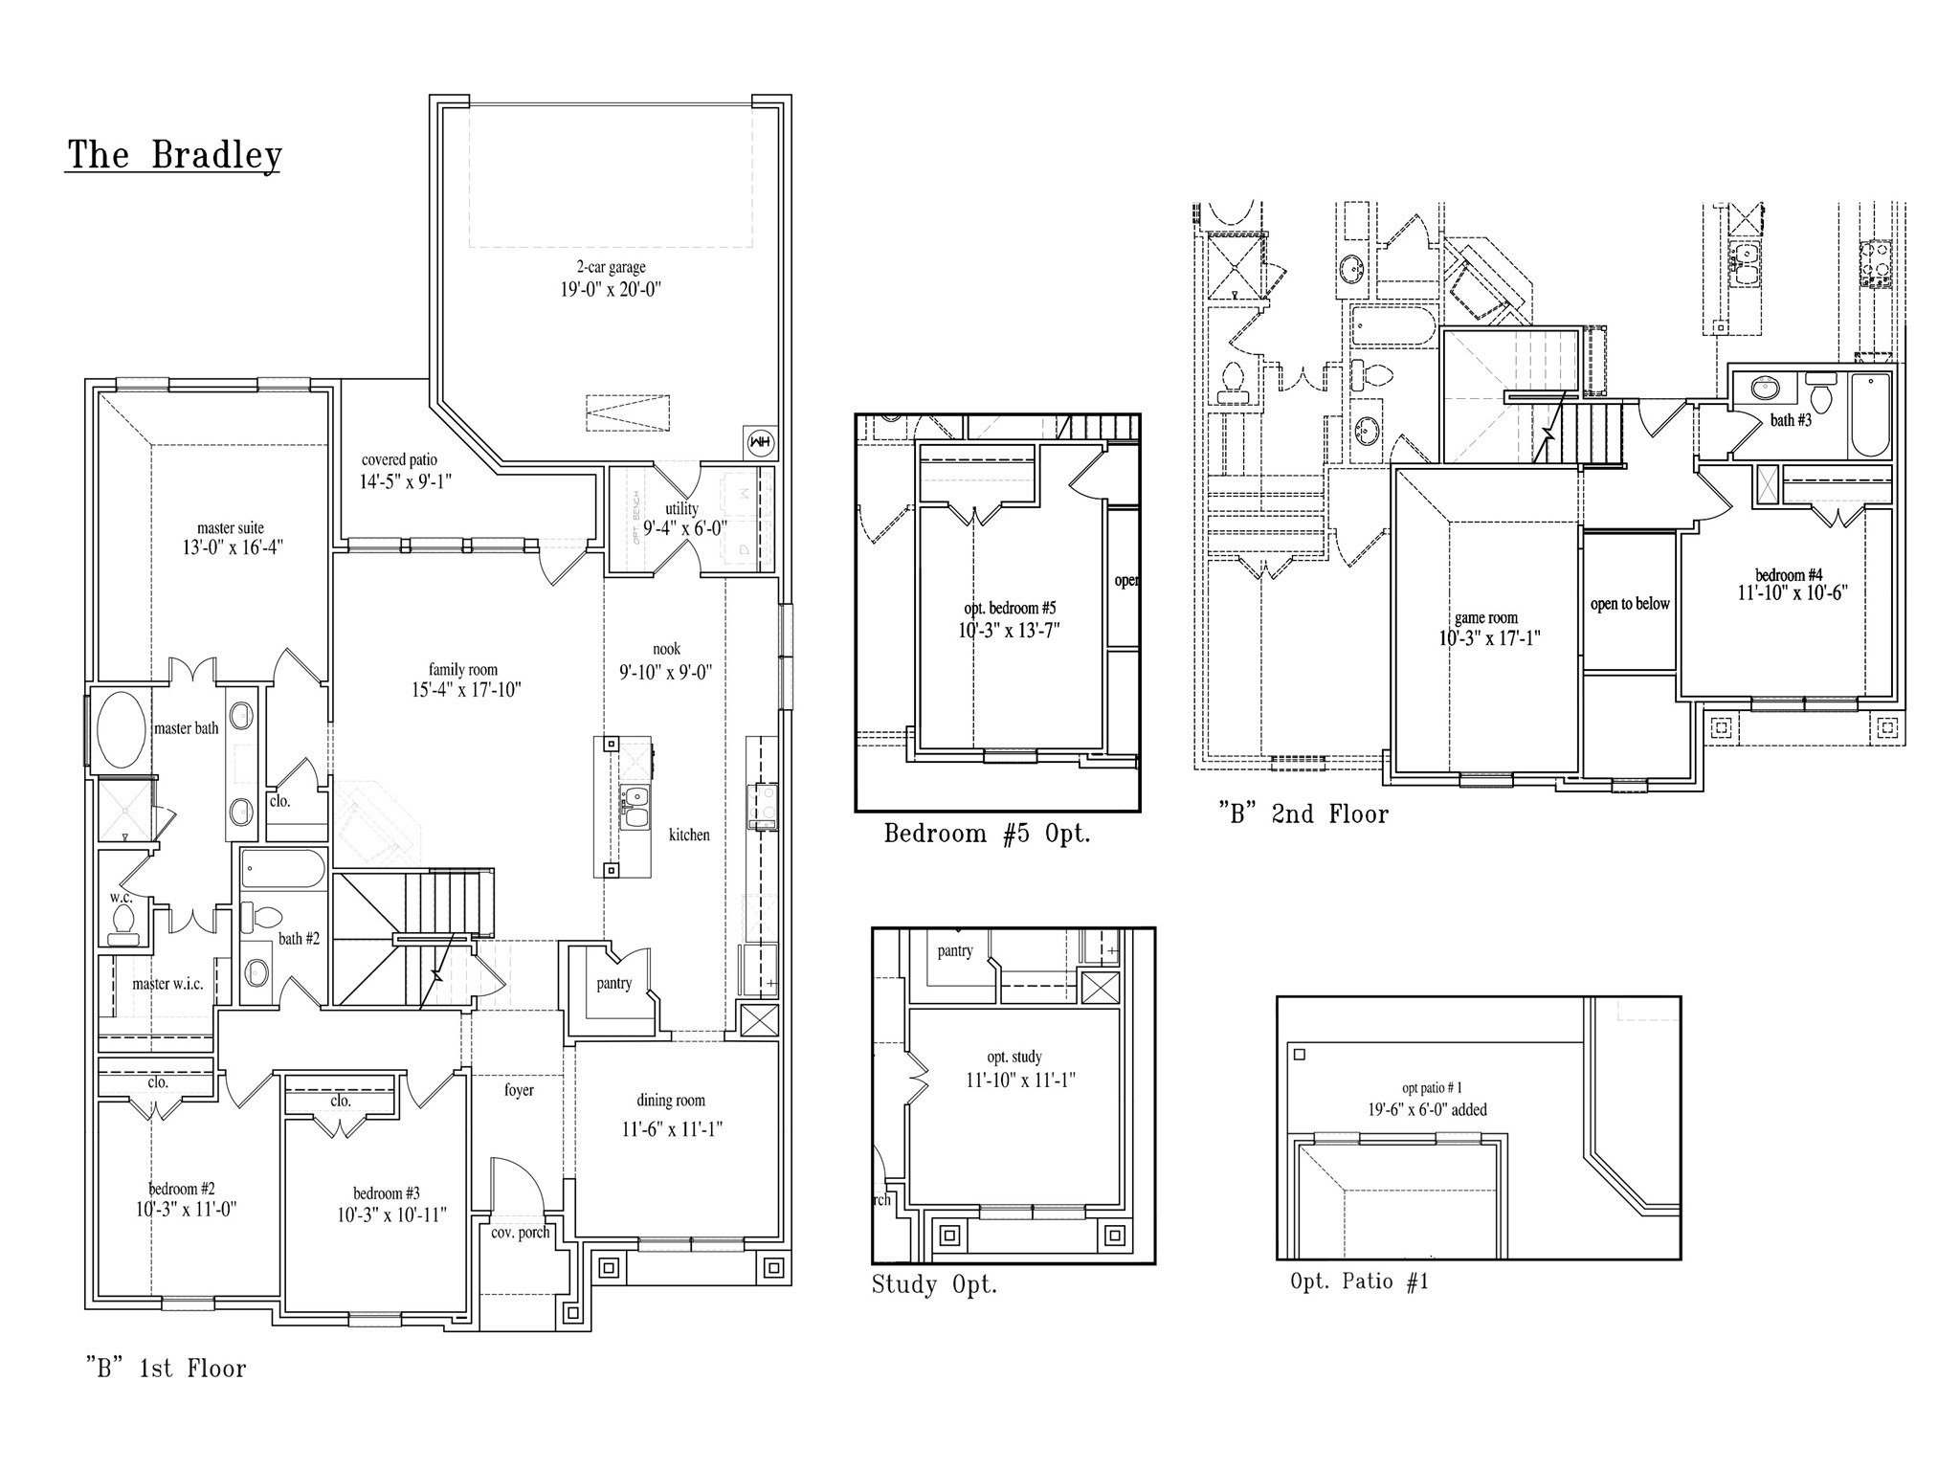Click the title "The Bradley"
tap(174, 155)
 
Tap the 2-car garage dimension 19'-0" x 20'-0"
tap(611, 289)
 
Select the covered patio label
tap(399, 460)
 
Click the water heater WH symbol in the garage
tap(760, 442)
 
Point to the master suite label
tap(230, 527)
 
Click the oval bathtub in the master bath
tap(122, 730)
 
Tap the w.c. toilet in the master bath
tap(122, 922)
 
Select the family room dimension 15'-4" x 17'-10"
tap(466, 690)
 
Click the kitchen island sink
tap(635, 806)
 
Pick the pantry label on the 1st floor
tap(613, 983)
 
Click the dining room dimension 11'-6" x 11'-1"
tap(672, 1129)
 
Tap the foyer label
tap(519, 1090)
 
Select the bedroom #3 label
tap(387, 1193)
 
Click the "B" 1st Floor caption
tap(166, 1369)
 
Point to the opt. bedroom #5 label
tap(1009, 609)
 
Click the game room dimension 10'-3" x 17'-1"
tap(1489, 639)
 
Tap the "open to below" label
tap(1630, 604)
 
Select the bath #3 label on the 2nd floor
tap(1790, 420)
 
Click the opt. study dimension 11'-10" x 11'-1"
tap(1020, 1080)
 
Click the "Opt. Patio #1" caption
tap(1359, 1281)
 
